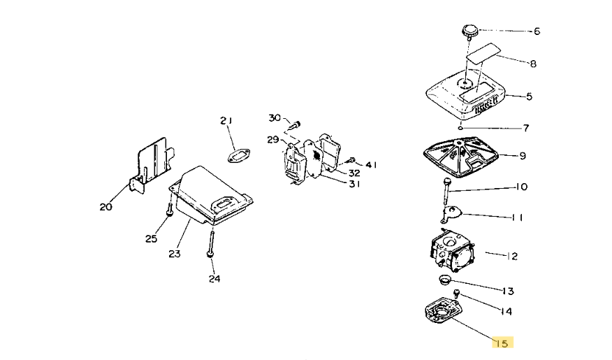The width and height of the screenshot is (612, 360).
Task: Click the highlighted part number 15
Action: pos(502,343)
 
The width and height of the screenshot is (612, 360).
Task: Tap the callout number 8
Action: pos(533,64)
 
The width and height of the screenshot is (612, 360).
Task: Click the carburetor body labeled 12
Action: pos(451,250)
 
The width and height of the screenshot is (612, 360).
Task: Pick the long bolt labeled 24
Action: pos(210,243)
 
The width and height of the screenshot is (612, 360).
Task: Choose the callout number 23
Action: pos(174,254)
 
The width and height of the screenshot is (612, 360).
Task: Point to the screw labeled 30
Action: pos(294,124)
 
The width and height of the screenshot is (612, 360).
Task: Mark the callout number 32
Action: pos(354,173)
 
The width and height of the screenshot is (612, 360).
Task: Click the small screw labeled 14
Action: pos(456,294)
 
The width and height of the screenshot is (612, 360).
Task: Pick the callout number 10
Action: pos(521,187)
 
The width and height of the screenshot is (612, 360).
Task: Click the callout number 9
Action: pos(523,156)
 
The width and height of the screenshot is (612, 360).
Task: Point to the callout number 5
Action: pos(529,96)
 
